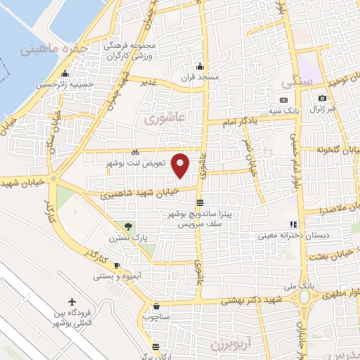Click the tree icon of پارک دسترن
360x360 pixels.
(x=128, y=226)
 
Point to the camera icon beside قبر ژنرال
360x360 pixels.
(x=322, y=98)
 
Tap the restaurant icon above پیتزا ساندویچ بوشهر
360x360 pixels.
(x=200, y=202)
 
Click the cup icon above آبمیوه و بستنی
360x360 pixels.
(x=117, y=265)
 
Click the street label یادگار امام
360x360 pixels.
(x=233, y=122)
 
